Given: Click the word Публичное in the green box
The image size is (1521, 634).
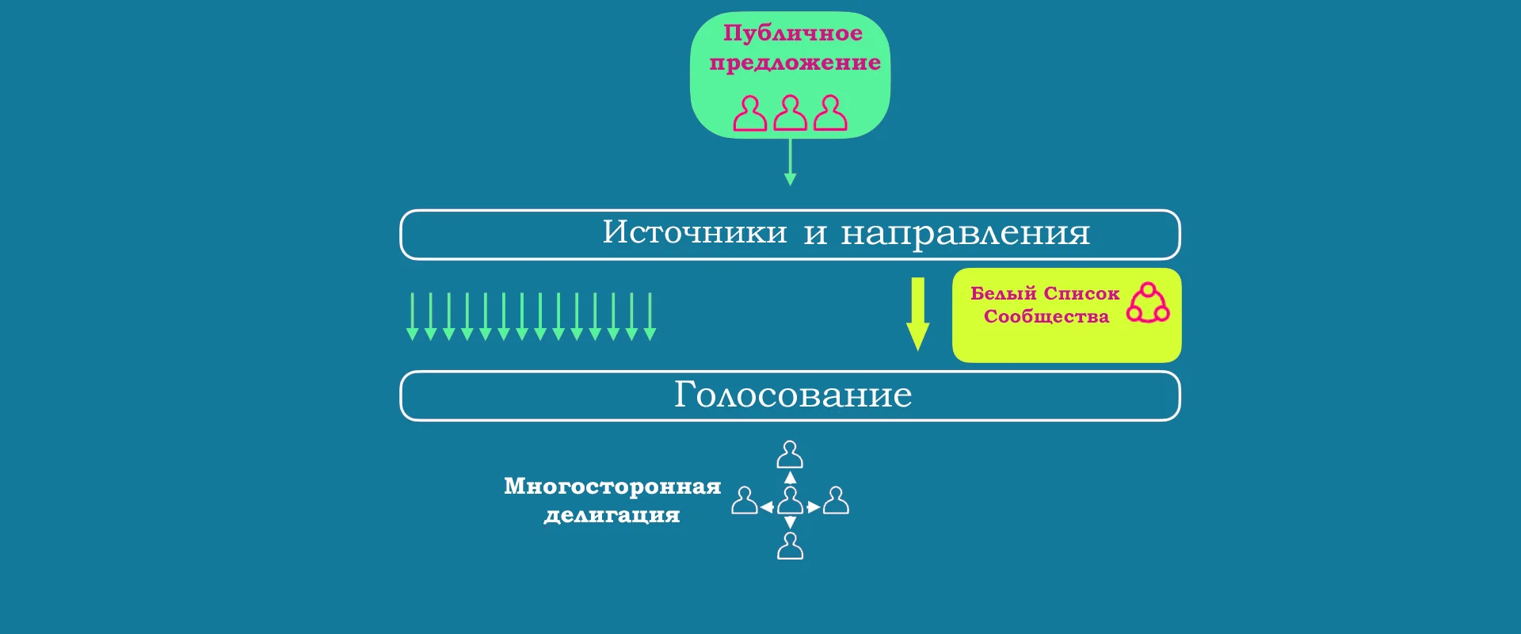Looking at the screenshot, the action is coord(793,33).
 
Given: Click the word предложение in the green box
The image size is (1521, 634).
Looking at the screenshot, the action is coord(795,63).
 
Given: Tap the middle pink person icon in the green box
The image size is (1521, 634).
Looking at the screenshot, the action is coord(790,113).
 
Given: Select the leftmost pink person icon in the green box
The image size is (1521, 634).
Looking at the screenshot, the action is coord(749,113).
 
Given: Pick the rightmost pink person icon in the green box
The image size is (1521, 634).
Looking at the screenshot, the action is coord(830,113).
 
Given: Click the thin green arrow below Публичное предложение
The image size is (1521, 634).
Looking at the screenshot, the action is coord(790,162).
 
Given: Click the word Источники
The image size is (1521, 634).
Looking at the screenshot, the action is coord(695,232).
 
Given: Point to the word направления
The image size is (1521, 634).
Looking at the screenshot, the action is coord(966,234).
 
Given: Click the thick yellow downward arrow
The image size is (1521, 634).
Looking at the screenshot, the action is coord(918,314).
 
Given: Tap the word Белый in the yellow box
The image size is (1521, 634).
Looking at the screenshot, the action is coord(1003,293).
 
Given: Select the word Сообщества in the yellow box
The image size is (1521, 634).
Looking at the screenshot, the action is coord(1046,316).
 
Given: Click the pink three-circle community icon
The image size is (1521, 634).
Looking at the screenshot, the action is coord(1148,303).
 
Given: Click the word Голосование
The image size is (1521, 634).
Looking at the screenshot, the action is coord(793,395).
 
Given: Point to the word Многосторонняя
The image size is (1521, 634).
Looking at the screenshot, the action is coord(612,486).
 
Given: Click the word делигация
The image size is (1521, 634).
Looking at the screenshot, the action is coord(612,515).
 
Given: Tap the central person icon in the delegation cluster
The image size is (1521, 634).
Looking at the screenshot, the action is coord(790,501).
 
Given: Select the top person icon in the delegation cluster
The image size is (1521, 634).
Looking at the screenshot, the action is coord(790,455).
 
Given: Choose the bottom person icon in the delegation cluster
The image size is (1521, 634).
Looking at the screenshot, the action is coord(790,546).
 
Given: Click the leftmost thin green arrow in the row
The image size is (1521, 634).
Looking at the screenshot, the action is coord(412,317).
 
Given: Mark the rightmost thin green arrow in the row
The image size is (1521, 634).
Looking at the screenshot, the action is coord(650,317).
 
